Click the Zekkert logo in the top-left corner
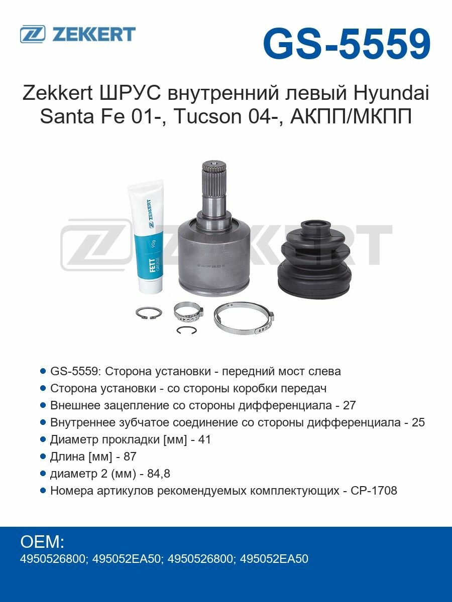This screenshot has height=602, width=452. coord(78,34)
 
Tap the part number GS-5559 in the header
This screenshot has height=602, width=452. coord(347,44)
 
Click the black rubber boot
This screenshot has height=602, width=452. coord(316,258)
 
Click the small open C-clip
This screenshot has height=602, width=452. coord(186,330)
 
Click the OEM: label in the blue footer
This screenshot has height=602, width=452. coord(42,542)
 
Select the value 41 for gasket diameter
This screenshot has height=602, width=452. coord(204,439)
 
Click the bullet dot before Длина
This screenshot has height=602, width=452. coord(43,457)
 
